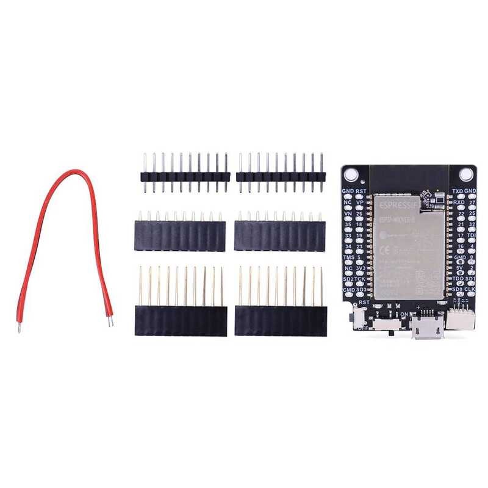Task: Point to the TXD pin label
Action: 457,192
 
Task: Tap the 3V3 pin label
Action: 361,268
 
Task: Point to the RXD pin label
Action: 458,202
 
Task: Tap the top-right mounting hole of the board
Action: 467,174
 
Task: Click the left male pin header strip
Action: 184,176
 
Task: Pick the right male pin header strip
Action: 279,176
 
